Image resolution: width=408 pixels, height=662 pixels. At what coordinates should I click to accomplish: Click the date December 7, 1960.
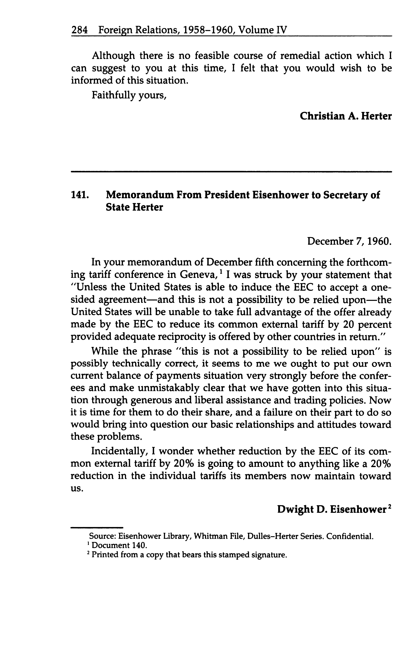(349, 241)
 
